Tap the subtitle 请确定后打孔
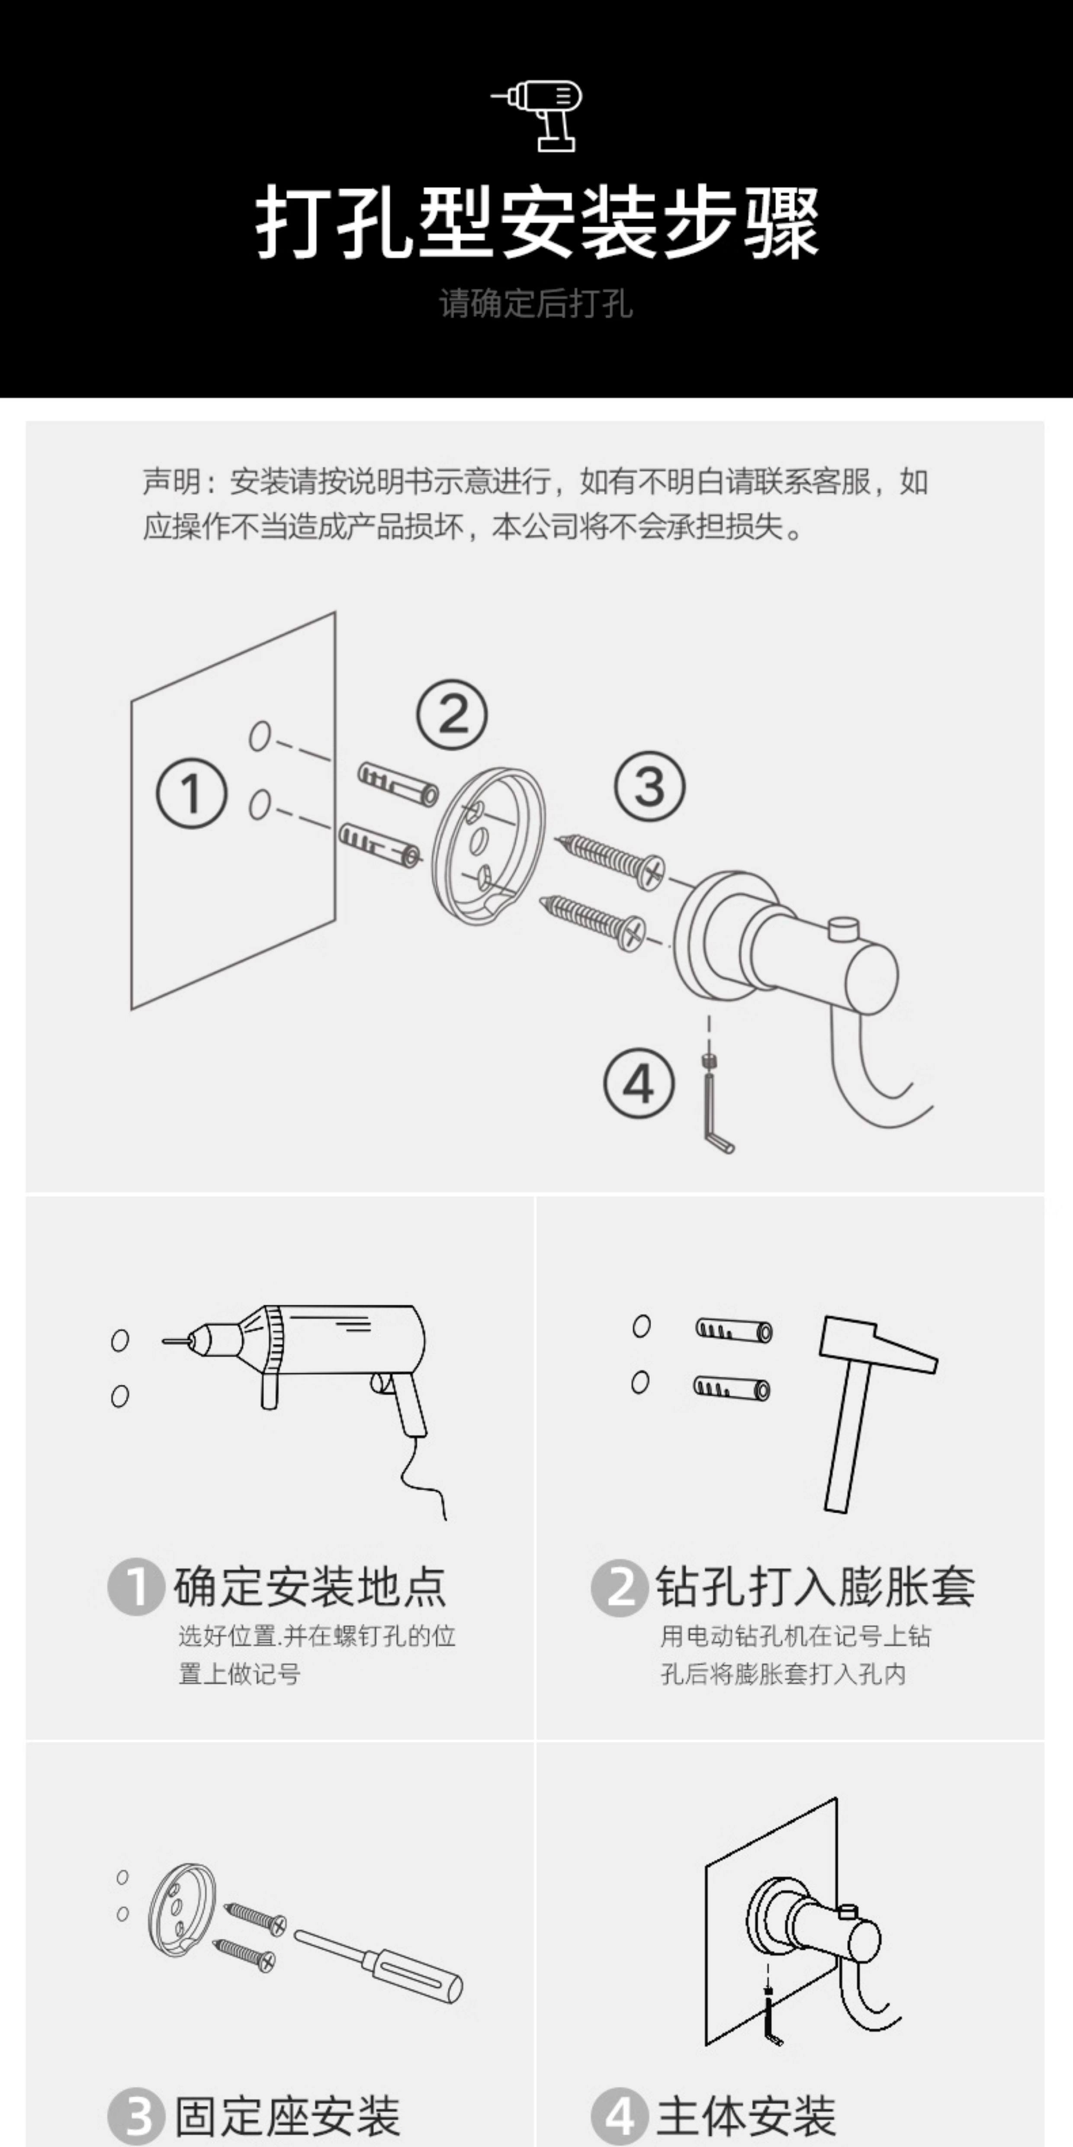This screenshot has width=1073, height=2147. [x=536, y=303]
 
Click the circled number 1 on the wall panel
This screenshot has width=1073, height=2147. [x=192, y=793]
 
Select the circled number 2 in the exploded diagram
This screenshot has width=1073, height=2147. [x=452, y=714]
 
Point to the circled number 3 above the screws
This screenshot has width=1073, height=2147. [x=650, y=786]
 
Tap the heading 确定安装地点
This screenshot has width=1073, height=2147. [x=310, y=1586]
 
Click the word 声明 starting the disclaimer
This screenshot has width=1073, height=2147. [x=171, y=482]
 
